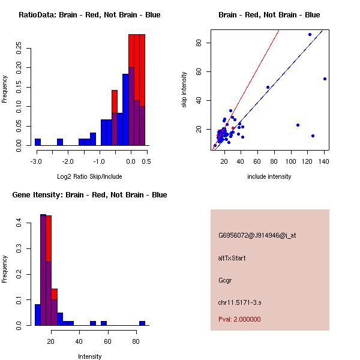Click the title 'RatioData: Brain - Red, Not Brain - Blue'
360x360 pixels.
point(89,15)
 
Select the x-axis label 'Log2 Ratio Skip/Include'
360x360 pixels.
point(89,176)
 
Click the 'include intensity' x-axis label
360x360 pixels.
point(269,176)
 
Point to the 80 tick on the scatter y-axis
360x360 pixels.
point(197,43)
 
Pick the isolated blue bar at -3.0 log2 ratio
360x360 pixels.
point(38,142)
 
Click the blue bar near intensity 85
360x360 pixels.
point(142,323)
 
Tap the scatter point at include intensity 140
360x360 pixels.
point(325,79)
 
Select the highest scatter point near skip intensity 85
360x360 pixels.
point(310,34)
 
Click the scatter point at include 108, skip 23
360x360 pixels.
point(298,125)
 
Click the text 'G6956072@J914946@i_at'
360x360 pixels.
point(257,235)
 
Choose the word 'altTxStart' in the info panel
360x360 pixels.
point(232,258)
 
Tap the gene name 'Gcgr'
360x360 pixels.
point(224,280)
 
